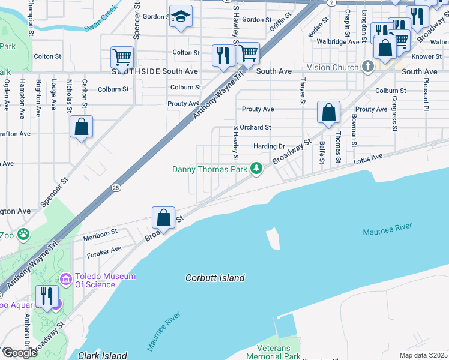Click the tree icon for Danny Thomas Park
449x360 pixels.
(257, 169)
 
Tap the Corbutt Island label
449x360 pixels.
(215, 278)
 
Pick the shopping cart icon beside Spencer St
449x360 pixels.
(122, 58)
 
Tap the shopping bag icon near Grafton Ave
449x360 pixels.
(81, 127)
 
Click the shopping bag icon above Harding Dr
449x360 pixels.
(328, 112)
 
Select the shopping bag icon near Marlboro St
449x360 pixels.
(163, 217)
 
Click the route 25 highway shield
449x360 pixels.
(116, 188)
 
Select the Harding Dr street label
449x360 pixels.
(268, 146)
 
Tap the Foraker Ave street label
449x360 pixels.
(105, 249)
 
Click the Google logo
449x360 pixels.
(19, 352)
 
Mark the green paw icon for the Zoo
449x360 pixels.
(23, 234)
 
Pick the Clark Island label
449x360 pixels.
(103, 355)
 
